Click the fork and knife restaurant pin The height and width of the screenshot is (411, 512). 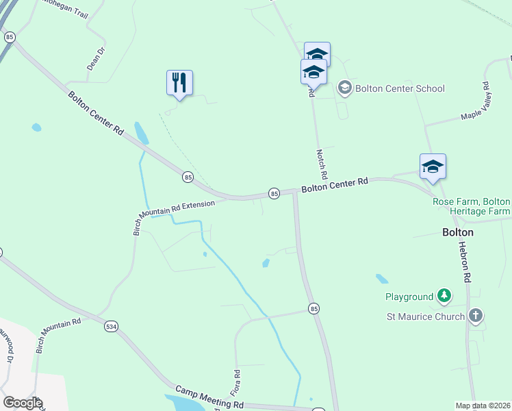tap(179, 84)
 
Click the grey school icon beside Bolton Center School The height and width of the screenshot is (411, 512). tap(345, 88)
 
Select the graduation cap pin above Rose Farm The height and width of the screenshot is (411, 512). tap(433, 167)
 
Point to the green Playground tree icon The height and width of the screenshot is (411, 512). tap(445, 296)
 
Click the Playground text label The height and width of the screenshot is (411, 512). tap(409, 297)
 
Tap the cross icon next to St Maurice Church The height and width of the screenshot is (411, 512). tap(476, 316)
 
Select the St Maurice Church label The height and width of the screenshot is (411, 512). tap(425, 316)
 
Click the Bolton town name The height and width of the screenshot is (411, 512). tap(458, 232)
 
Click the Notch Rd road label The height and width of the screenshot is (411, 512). tap(322, 165)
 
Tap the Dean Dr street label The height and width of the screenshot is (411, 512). tap(96, 59)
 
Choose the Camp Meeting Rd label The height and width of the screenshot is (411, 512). tap(209, 397)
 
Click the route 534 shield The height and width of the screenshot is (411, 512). tap(111, 327)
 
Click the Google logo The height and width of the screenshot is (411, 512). tap(22, 402)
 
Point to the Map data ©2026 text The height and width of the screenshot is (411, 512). tap(483, 406)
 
